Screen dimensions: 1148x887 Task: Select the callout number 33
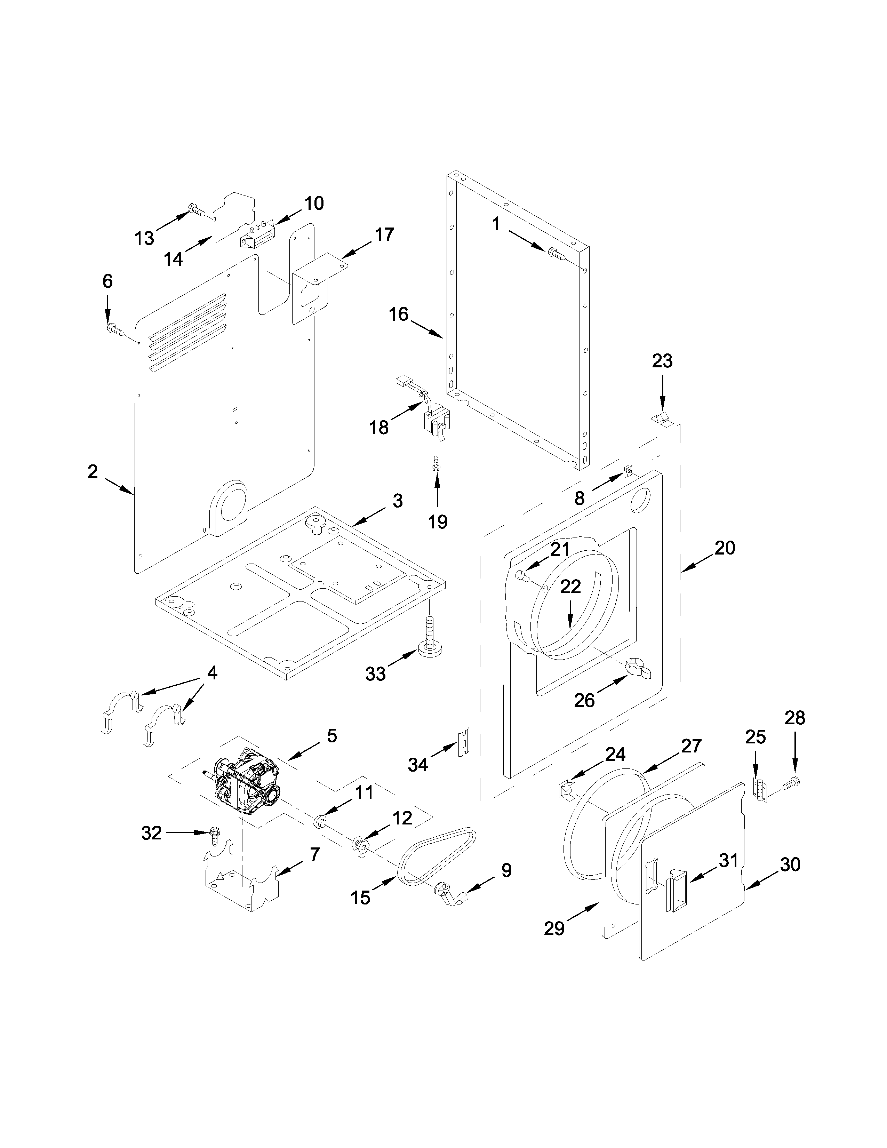pos(375,674)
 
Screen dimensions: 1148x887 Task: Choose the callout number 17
pos(384,234)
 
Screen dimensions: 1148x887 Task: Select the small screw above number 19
pos(435,464)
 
